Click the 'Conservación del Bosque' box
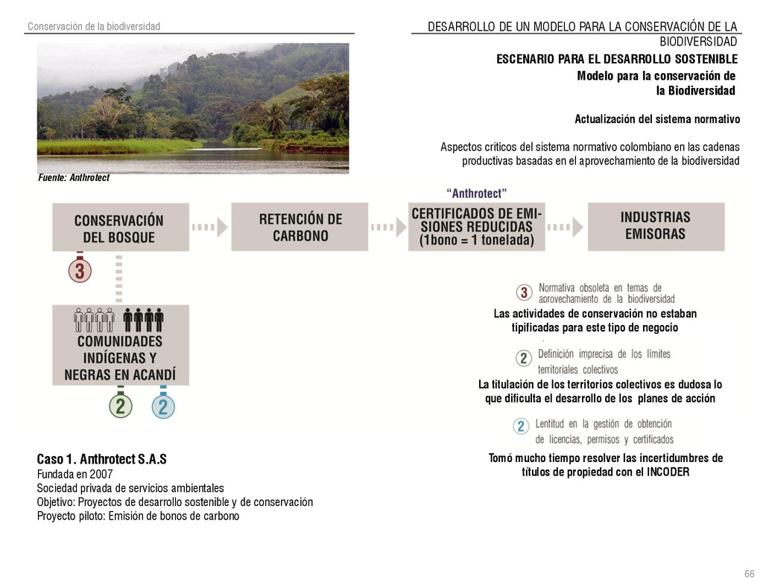click(119, 228)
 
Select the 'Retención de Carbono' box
click(300, 227)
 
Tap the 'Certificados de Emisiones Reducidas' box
click(477, 227)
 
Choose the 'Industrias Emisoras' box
click(656, 226)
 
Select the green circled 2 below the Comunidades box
click(120, 407)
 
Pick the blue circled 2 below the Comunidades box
click(163, 407)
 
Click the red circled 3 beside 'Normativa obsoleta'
click(525, 293)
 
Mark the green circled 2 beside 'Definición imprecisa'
click(524, 358)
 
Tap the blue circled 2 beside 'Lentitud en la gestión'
click(522, 426)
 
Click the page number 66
click(749, 573)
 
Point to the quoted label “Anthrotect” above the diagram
click(476, 194)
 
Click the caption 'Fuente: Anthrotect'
click(74, 178)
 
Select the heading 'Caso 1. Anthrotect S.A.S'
click(102, 458)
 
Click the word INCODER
click(668, 472)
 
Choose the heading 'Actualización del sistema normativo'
click(656, 119)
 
